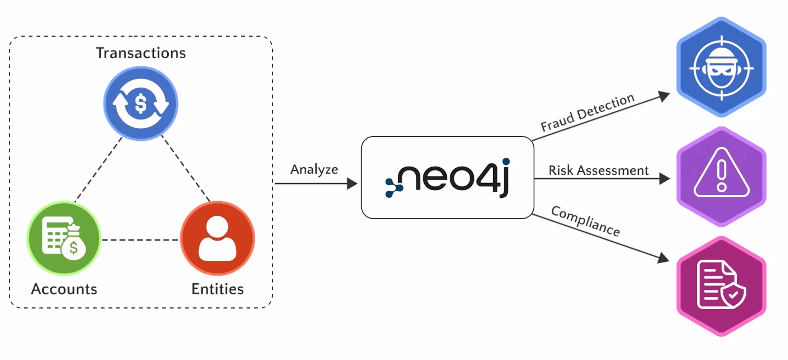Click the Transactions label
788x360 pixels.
point(141,53)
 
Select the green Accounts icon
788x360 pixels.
point(64,238)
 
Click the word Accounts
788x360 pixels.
point(64,289)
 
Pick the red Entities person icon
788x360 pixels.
point(218,238)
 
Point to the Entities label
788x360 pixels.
point(218,289)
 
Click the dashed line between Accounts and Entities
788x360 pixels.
point(141,239)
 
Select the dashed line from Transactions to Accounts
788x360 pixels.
point(99,168)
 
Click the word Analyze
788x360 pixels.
point(314,169)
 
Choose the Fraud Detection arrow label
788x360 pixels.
point(587,112)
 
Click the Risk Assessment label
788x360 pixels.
point(598,170)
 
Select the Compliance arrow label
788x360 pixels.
point(585,221)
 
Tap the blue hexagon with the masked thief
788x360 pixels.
point(721,67)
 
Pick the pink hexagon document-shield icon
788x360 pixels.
point(721,285)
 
